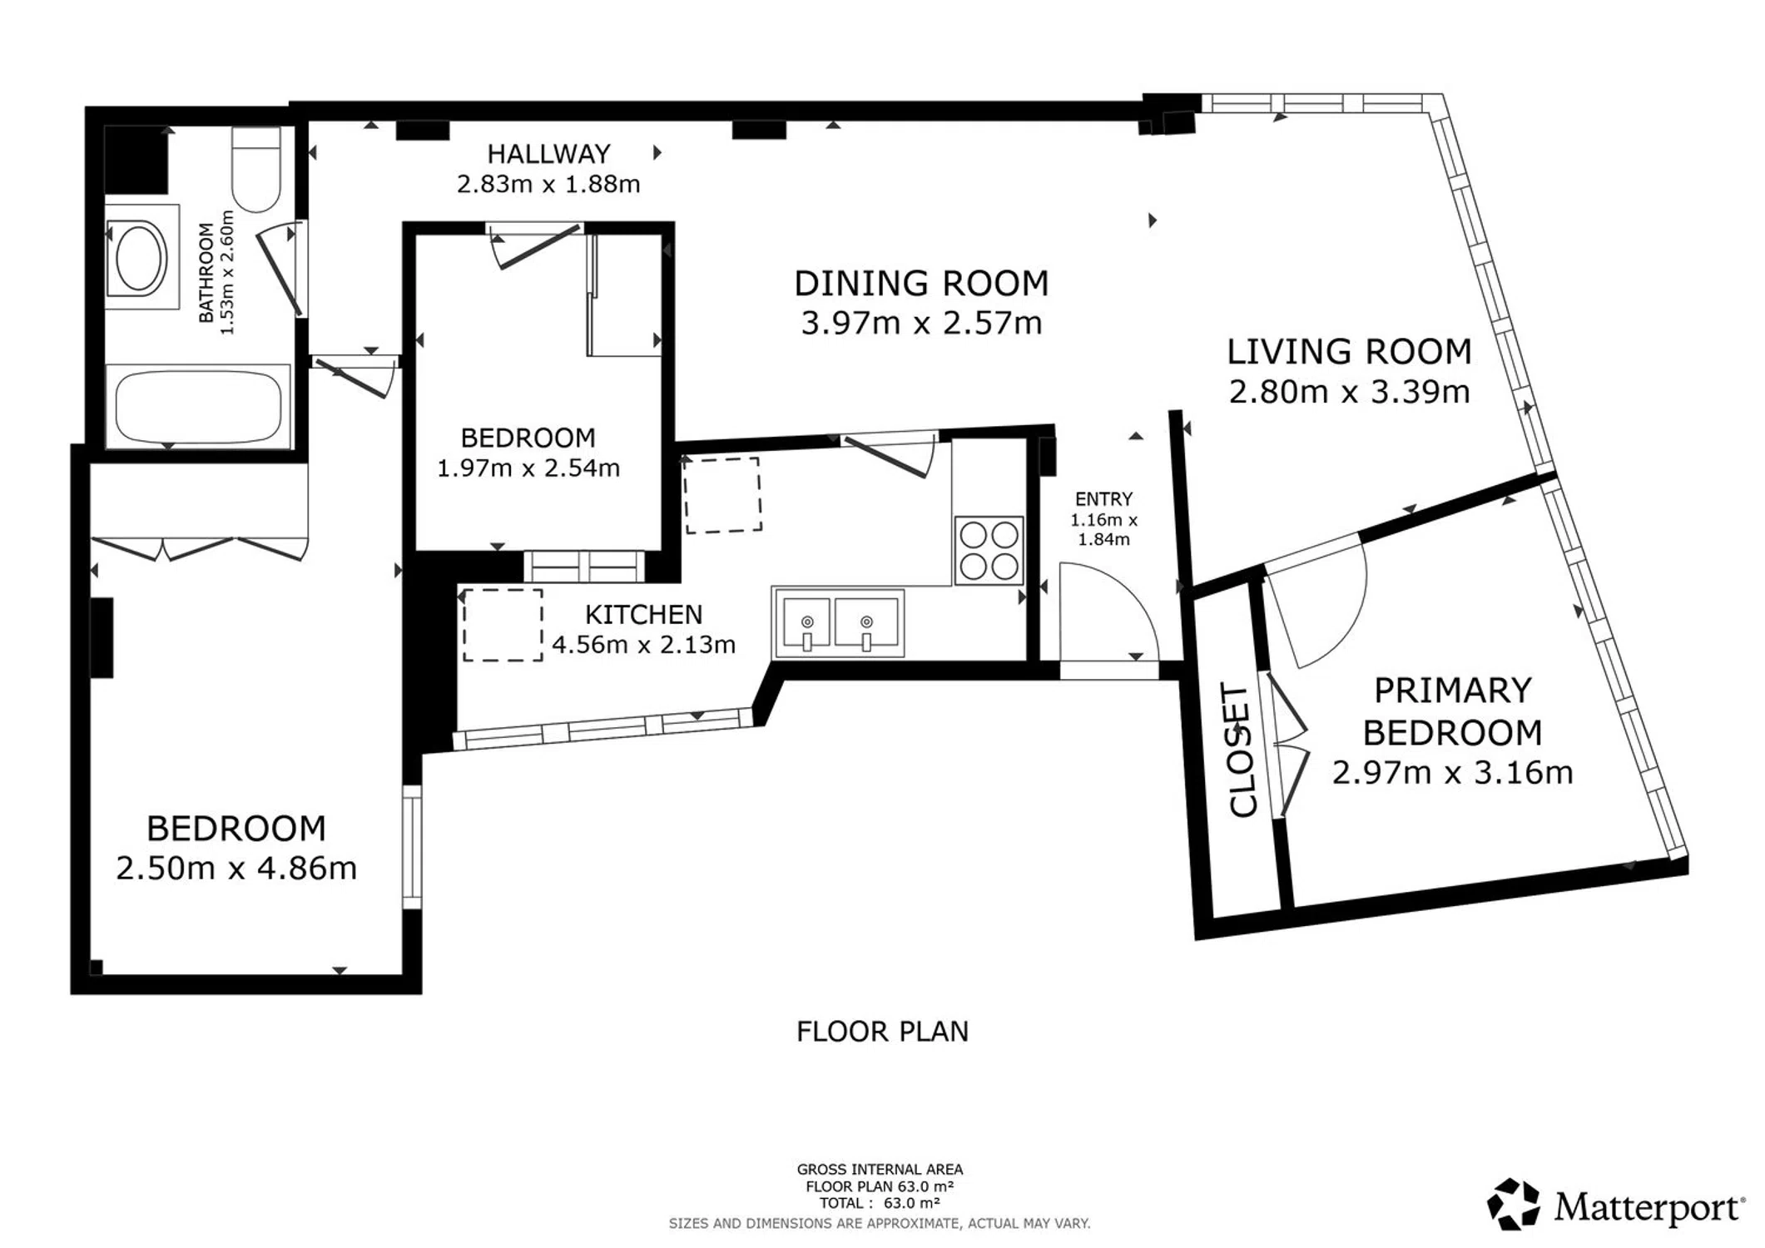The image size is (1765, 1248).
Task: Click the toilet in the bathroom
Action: [255, 169]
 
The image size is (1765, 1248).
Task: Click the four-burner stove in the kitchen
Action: [989, 550]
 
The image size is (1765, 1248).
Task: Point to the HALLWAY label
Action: [548, 154]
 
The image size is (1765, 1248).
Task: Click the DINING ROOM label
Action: [921, 284]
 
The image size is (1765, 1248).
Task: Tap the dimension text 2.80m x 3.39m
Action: [1349, 392]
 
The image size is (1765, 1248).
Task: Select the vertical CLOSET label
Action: [1241, 750]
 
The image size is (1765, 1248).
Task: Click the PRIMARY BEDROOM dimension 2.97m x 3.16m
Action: [1452, 773]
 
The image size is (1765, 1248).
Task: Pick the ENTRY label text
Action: [1103, 499]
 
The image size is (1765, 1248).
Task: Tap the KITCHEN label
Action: [643, 615]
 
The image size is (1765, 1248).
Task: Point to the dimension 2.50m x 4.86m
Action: [236, 869]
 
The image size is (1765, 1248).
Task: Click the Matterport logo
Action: [1615, 1204]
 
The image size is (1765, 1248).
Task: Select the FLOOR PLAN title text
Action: [882, 1032]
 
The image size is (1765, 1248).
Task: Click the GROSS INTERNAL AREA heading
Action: [880, 1170]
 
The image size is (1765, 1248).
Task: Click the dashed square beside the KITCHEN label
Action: [503, 625]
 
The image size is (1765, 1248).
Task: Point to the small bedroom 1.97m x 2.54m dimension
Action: [528, 468]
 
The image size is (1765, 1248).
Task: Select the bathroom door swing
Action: [279, 270]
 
